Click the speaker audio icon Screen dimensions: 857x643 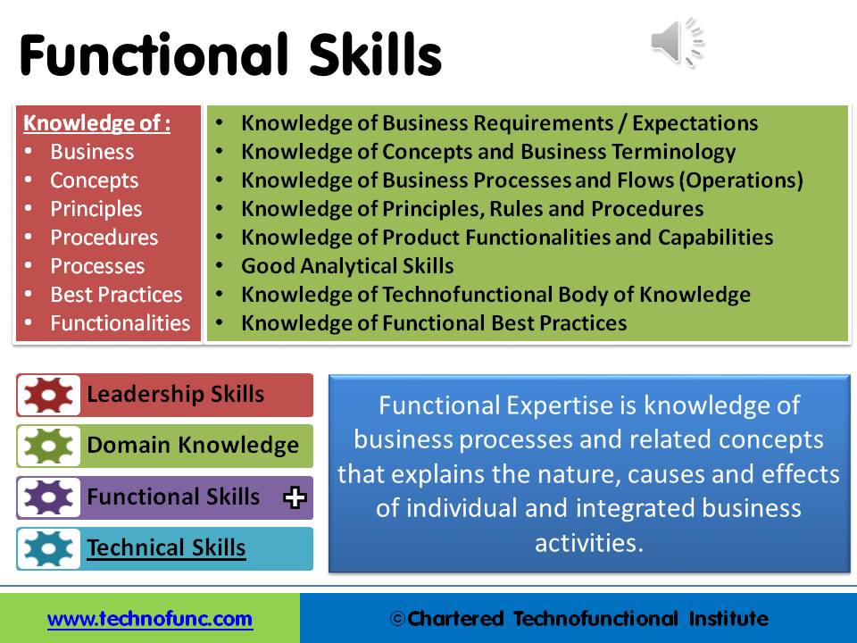point(678,42)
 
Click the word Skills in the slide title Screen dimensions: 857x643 point(376,54)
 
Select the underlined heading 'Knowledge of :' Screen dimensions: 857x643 point(96,123)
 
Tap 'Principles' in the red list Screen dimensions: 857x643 point(96,209)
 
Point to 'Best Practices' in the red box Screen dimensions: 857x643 point(116,295)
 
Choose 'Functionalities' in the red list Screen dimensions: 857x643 point(121,323)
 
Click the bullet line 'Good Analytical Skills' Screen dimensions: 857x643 point(347,266)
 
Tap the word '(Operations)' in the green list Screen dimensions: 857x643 point(741,180)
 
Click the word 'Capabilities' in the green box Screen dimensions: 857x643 point(715,238)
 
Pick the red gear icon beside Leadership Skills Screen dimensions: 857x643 point(48,395)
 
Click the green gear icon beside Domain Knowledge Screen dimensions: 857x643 point(48,446)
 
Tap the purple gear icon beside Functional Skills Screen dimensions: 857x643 point(48,497)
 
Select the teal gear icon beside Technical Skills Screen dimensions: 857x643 point(48,548)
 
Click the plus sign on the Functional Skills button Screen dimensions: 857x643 point(295,497)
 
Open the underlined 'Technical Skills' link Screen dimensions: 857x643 point(166,547)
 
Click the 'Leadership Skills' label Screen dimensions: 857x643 point(176,394)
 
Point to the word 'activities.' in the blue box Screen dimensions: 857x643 point(589,543)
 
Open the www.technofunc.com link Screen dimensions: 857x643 point(150,619)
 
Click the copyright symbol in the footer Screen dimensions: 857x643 point(397,619)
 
